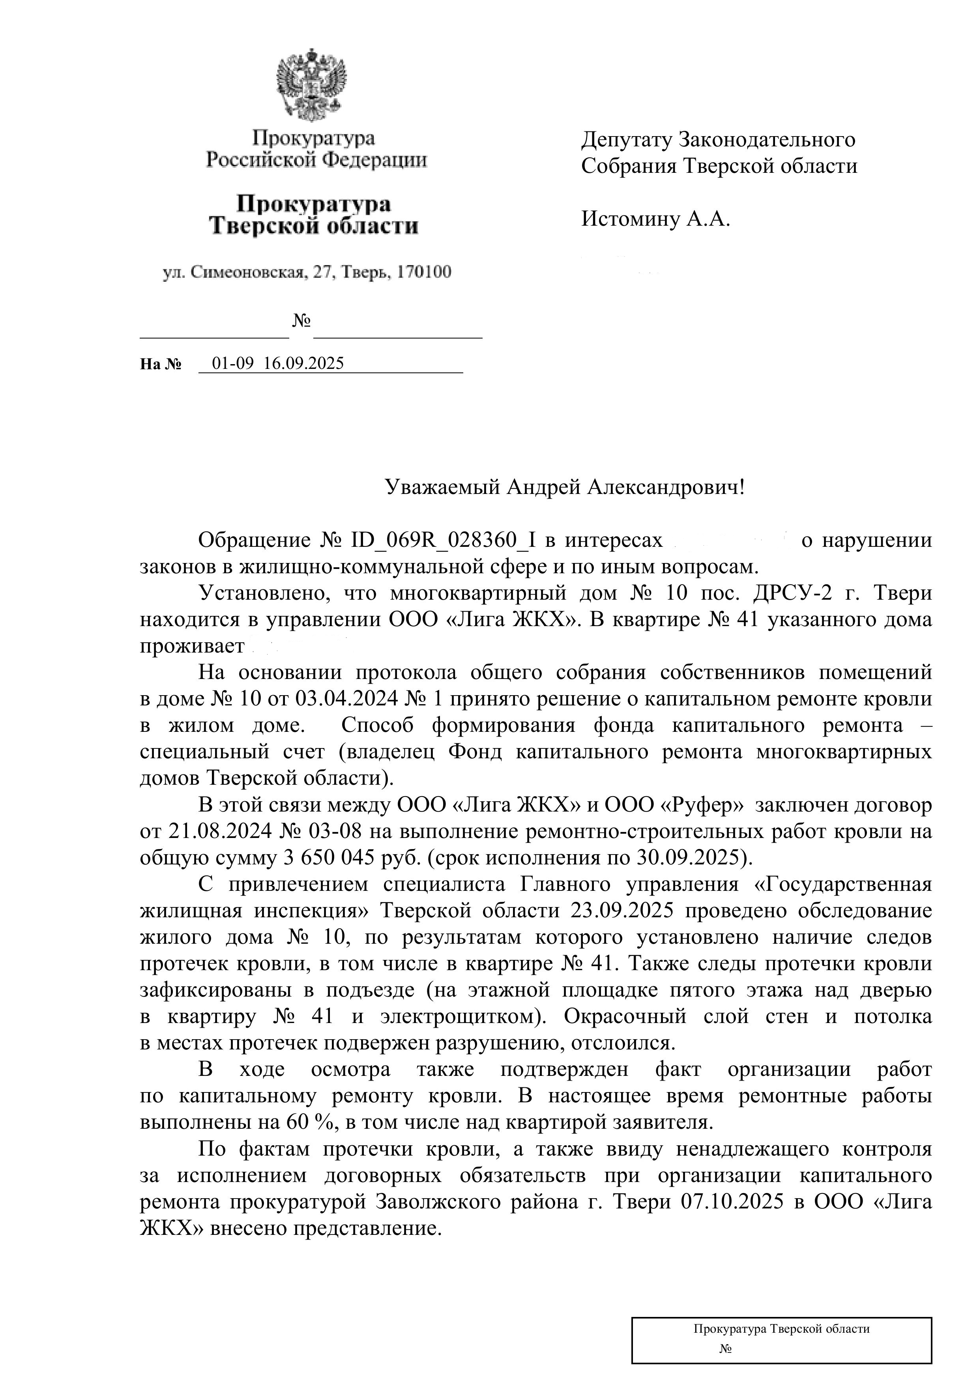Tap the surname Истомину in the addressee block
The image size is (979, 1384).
[x=630, y=218]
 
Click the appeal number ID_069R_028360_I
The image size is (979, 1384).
[x=443, y=540]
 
